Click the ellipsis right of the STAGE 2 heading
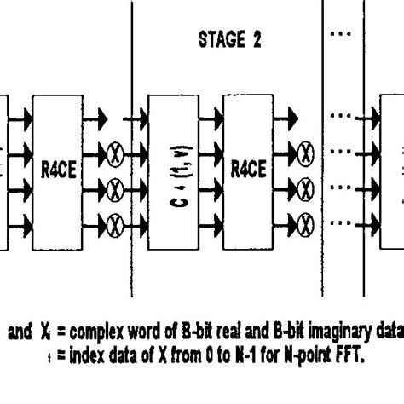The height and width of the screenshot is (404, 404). [x=340, y=38]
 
